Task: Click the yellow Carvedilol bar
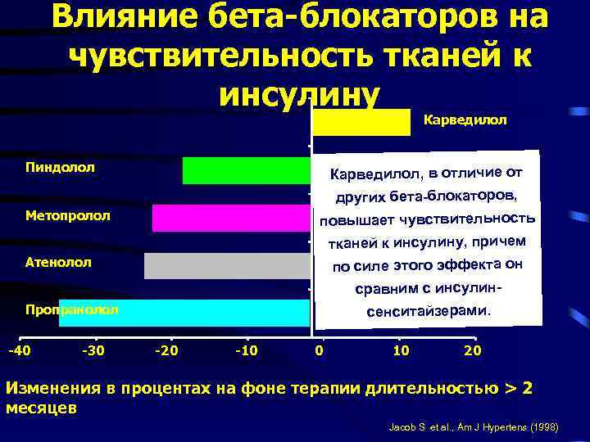click(x=361, y=122)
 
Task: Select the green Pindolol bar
click(x=246, y=170)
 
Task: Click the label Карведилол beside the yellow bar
click(x=465, y=120)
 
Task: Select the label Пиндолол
click(x=60, y=167)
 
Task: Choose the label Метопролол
click(x=68, y=216)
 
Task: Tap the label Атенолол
click(x=58, y=263)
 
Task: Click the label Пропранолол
click(x=71, y=310)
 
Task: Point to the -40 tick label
click(x=19, y=351)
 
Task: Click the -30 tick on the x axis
click(x=94, y=351)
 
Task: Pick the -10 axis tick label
click(x=246, y=351)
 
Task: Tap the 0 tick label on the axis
click(x=320, y=351)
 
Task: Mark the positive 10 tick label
click(x=401, y=351)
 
